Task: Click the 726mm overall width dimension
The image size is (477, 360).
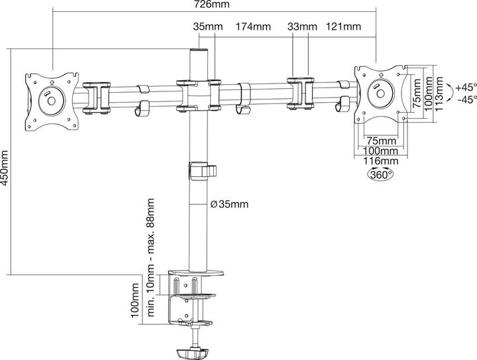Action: pos(213,5)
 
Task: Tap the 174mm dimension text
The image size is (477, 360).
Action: pos(253,27)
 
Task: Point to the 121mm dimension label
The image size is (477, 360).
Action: pos(343,27)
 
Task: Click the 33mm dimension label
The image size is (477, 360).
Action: pos(301,27)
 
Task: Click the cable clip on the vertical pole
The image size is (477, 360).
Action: pos(203,170)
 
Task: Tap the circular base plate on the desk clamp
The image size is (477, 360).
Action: pos(197,272)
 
